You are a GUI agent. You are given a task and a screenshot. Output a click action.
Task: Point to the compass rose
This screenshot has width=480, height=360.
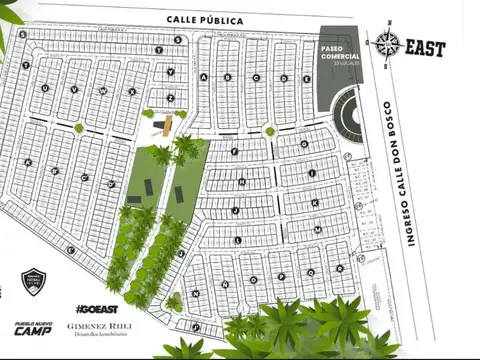[x=388, y=44]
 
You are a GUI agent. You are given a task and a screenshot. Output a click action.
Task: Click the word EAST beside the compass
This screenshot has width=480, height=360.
[x=425, y=46]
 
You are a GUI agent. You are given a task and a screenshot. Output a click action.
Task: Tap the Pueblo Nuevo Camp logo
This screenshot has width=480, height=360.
[x=33, y=326]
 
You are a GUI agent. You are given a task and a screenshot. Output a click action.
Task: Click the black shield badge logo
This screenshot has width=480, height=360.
[x=34, y=282]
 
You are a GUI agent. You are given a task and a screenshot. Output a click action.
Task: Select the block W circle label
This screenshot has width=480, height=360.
[x=103, y=91]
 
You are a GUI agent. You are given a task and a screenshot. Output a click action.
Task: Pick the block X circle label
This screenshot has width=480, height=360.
[x=132, y=91]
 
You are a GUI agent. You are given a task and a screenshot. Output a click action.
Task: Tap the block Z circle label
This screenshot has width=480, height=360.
[x=171, y=98]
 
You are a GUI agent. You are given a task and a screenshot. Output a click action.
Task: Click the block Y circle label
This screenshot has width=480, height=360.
[x=171, y=72]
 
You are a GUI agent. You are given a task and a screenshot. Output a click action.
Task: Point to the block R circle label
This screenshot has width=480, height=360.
[x=340, y=268]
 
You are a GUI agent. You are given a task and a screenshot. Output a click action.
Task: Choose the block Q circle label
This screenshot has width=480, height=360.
[x=311, y=272]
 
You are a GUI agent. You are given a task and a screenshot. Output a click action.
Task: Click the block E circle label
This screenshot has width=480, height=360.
[x=283, y=77]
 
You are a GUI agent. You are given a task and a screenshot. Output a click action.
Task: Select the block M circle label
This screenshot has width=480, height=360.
[x=317, y=229]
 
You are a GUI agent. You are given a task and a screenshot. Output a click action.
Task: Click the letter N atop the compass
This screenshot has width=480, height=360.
[x=388, y=32]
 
